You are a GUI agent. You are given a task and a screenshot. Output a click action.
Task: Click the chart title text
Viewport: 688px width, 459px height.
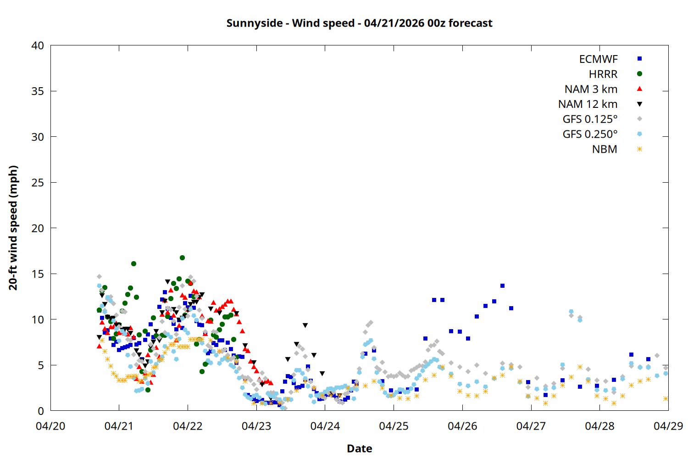[x=359, y=23]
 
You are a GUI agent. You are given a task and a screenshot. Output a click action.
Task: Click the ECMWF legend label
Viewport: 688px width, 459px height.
[x=598, y=59]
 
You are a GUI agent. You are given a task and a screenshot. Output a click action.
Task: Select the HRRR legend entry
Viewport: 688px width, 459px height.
[x=603, y=74]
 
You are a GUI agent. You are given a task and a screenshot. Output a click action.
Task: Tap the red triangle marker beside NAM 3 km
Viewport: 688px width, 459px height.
[x=639, y=89]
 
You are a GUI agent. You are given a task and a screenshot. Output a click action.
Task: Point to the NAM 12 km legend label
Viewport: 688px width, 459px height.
[x=588, y=104]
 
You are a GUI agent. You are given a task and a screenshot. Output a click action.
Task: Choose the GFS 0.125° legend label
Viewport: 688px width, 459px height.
[x=590, y=119]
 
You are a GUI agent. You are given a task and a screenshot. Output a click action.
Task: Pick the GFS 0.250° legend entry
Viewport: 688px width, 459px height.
[x=590, y=134]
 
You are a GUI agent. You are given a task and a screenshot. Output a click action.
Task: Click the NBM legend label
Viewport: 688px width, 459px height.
[x=605, y=149]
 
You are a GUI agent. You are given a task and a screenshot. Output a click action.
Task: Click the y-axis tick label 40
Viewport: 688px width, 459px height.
[x=38, y=45]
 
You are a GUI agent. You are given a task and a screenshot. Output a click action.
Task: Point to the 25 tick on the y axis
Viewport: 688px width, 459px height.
[x=38, y=183]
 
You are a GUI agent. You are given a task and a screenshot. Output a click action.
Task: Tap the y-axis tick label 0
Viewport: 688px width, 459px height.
[x=41, y=411]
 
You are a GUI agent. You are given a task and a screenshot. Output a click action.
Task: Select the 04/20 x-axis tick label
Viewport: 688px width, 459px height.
[x=50, y=426]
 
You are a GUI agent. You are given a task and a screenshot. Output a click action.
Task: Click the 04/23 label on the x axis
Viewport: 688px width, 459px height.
[x=256, y=426]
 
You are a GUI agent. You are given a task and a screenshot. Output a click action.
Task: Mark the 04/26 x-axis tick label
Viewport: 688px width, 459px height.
[x=462, y=426]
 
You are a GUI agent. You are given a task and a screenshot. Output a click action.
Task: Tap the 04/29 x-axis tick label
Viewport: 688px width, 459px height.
[x=668, y=426]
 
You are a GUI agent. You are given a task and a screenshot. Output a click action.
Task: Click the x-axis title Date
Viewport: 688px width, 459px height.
[x=359, y=448]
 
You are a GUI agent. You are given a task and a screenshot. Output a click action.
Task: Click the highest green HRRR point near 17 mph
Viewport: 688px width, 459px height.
[x=182, y=257]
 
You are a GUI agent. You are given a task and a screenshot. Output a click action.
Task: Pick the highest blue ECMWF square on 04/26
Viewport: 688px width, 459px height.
[x=502, y=285]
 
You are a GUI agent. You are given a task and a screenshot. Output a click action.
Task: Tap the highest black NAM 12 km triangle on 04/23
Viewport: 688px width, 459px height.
[x=305, y=325]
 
